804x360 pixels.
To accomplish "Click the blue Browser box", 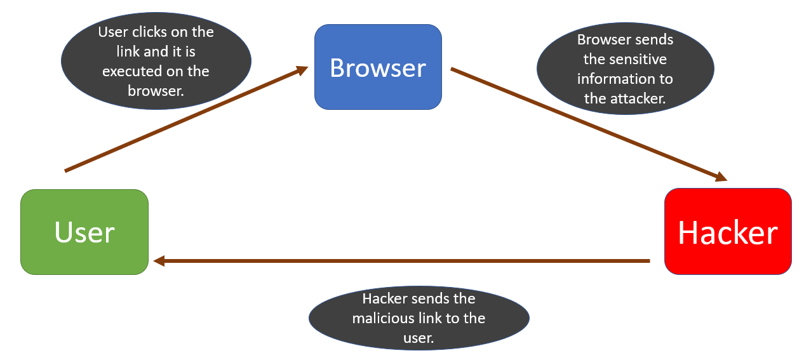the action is [378, 67].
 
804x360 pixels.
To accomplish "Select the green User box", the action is [84, 232].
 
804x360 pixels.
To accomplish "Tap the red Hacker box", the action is [728, 232].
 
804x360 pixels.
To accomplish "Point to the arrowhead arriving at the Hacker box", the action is [721, 177].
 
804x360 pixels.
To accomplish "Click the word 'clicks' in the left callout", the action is [149, 32].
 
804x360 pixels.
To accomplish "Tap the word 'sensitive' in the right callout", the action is [643, 59].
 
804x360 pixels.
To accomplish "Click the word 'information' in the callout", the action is [612, 79].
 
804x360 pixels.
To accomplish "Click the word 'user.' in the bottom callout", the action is [419, 338].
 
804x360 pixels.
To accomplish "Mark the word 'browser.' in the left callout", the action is [156, 91].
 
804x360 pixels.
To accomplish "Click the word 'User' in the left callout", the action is [113, 32].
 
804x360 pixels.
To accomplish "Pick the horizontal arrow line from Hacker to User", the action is [401, 261].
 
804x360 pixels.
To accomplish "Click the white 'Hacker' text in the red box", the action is [728, 232].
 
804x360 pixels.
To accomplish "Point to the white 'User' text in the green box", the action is [84, 232].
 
